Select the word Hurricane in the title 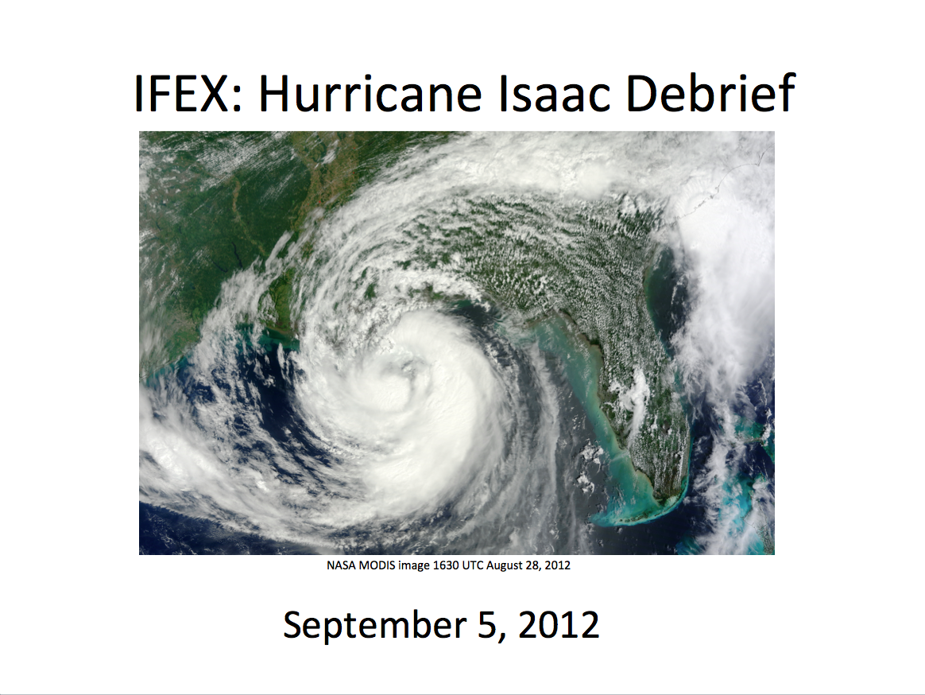[x=370, y=93]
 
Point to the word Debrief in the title [x=711, y=92]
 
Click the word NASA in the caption [x=342, y=565]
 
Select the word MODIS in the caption [x=377, y=565]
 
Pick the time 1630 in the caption [x=445, y=565]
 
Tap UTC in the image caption [x=473, y=565]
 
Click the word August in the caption [x=505, y=565]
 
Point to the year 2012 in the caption [x=558, y=565]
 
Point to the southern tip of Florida [x=660, y=502]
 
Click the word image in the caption [x=414, y=565]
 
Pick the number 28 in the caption [x=532, y=565]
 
